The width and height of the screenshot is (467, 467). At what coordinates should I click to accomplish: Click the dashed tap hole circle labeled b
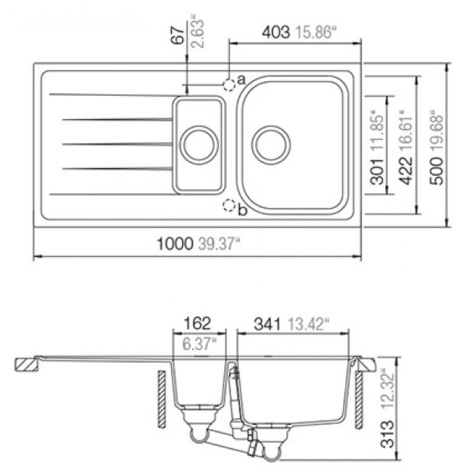(229, 205)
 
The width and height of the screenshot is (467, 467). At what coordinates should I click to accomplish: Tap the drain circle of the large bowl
(271, 145)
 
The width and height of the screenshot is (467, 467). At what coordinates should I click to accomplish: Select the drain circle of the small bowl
(199, 145)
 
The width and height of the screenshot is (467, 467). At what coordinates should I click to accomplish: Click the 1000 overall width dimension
(175, 244)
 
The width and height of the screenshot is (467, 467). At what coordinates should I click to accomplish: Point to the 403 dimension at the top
(276, 32)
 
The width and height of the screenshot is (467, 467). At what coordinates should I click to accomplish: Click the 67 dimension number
(178, 36)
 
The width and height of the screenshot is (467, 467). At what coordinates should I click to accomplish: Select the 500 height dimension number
(437, 171)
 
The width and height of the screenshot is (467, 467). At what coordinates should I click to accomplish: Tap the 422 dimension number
(406, 171)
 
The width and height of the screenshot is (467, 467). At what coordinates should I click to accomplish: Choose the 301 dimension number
(377, 171)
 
